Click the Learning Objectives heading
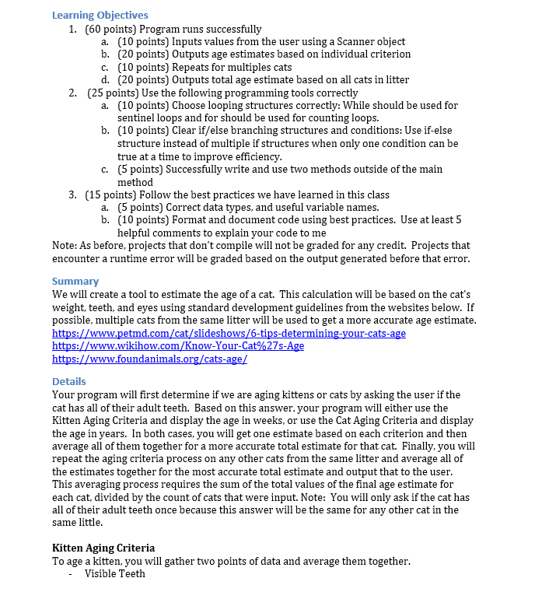pos(100,15)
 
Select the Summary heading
pos(75,281)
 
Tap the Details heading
pos(68,381)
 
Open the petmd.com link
pos(228,333)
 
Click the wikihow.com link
pos(177,346)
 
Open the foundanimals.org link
pos(149,359)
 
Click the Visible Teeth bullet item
pos(114,574)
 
